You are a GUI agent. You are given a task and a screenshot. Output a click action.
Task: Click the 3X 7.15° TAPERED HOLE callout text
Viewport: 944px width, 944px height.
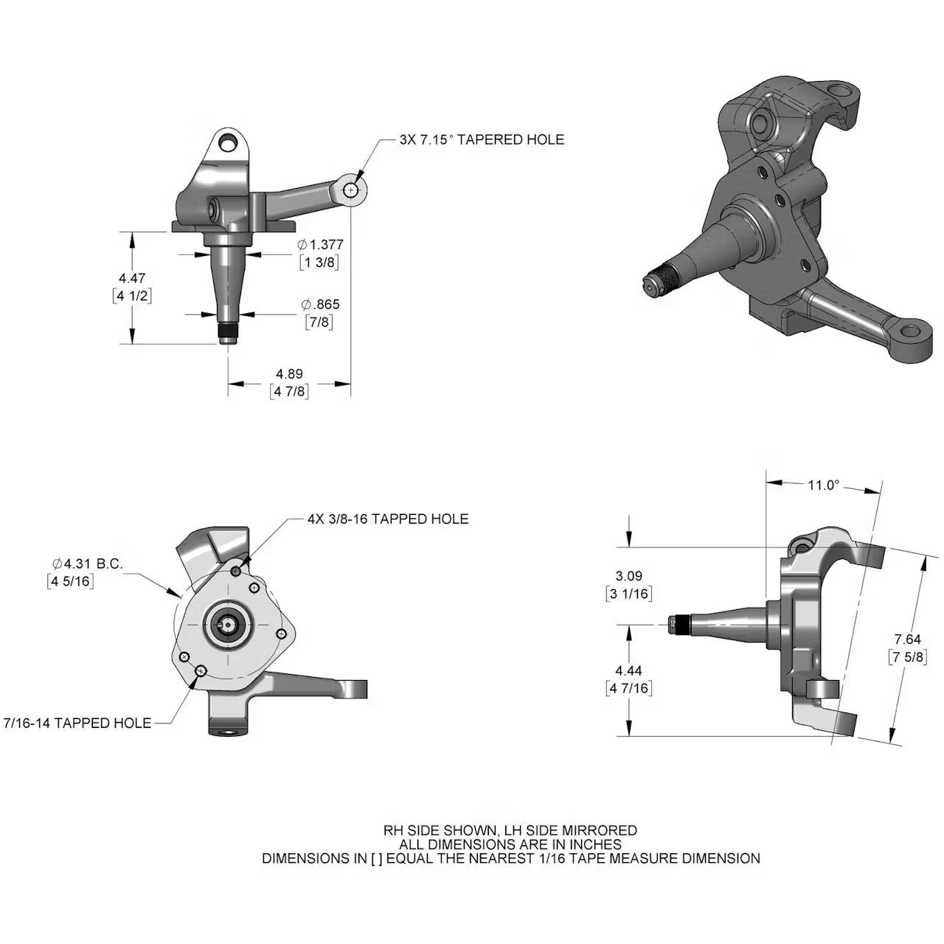click(x=482, y=139)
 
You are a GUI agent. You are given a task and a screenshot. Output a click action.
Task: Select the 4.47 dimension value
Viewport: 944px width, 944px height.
click(x=132, y=278)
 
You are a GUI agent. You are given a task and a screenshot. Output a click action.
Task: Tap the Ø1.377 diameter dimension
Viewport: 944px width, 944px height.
click(x=320, y=245)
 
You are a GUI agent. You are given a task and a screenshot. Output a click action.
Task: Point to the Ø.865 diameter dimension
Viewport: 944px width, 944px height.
click(x=320, y=305)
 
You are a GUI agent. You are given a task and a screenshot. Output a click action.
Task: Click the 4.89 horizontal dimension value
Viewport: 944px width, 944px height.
click(x=289, y=374)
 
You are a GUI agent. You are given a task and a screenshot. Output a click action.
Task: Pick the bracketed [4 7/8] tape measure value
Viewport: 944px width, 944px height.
click(x=289, y=392)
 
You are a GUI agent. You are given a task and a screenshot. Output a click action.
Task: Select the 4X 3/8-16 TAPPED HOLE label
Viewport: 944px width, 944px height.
click(x=388, y=519)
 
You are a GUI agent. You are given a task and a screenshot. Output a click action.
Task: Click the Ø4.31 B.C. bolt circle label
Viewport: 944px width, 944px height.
click(x=87, y=564)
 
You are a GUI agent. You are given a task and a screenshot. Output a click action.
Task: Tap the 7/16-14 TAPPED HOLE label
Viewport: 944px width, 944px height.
click(x=77, y=723)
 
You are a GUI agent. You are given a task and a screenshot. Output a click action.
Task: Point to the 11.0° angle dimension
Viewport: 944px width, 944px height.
click(x=823, y=485)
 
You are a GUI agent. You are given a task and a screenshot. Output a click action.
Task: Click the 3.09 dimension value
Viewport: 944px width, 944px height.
click(x=628, y=576)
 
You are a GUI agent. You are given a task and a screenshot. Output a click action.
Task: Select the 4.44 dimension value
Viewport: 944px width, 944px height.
click(x=628, y=670)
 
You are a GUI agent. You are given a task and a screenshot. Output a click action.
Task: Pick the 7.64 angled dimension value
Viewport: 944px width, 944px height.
click(x=907, y=639)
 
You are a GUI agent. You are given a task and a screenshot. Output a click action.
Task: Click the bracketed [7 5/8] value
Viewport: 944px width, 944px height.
click(x=907, y=657)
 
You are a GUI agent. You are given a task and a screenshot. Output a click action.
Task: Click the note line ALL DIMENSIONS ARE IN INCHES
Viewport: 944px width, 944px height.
click(x=510, y=844)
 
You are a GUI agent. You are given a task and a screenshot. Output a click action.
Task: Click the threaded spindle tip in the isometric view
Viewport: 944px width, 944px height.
click(x=653, y=284)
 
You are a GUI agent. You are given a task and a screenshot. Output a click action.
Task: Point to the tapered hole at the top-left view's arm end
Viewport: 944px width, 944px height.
click(x=351, y=190)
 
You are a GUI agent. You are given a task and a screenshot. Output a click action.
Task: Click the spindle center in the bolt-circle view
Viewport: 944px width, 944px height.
click(x=229, y=625)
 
